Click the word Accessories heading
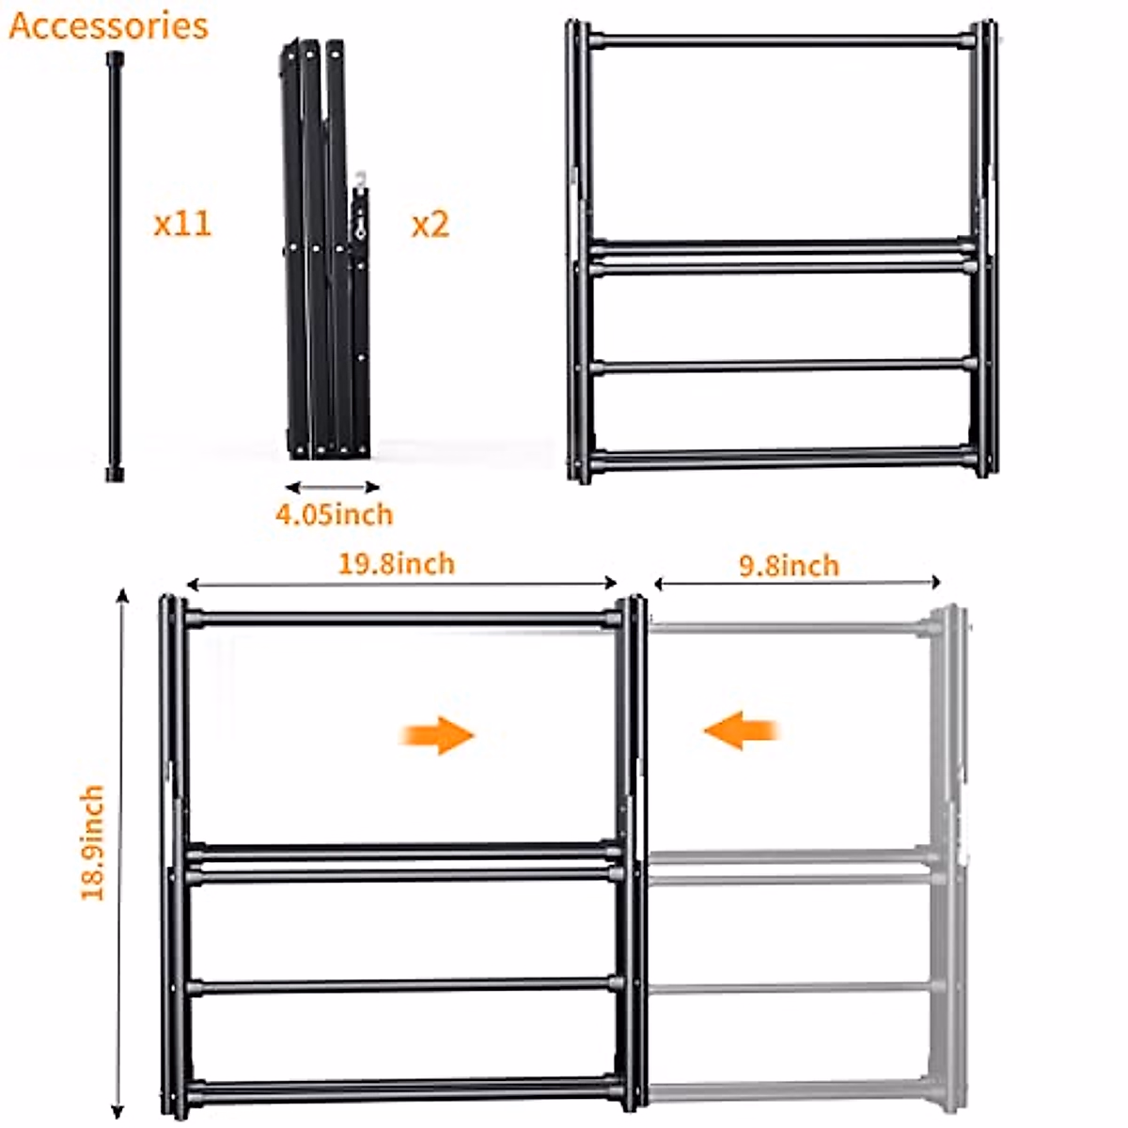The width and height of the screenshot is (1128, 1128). coord(108,25)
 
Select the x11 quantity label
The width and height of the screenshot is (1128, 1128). coord(182,224)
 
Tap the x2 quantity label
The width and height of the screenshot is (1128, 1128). coord(431,224)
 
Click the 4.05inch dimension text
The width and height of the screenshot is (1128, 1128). coord(334,514)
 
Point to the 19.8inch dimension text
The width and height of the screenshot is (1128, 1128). coord(396,563)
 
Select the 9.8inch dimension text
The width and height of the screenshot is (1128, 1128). coord(789,565)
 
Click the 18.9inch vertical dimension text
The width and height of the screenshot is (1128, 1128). coord(92,843)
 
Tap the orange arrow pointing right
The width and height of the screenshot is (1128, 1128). coord(438,734)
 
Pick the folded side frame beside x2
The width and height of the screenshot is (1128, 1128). coord(324,249)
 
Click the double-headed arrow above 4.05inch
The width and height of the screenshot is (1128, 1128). coord(332,487)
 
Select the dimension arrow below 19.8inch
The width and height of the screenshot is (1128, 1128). coord(401,584)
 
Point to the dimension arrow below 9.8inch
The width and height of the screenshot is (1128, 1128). coord(797,583)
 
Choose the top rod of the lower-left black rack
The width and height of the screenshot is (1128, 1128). coord(401,619)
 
